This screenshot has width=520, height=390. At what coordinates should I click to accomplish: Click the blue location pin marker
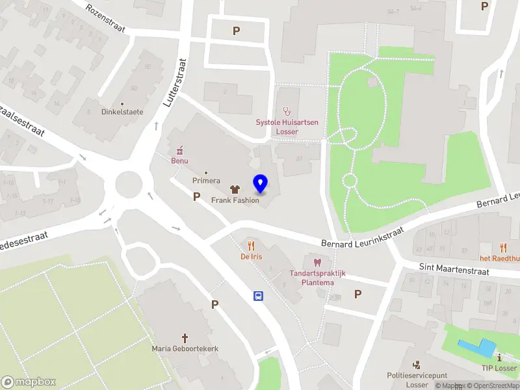[260, 184]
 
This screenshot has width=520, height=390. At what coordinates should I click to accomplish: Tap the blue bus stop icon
[258, 296]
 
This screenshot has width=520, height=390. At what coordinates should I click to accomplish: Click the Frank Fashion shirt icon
[235, 190]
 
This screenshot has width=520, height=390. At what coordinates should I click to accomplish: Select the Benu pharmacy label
[179, 161]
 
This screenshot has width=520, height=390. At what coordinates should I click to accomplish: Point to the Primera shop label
[206, 180]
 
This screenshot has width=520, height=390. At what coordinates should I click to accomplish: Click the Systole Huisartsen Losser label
[287, 127]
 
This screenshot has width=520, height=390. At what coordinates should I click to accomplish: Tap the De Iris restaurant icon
[252, 246]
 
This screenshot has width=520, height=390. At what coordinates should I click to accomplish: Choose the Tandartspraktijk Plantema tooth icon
[317, 263]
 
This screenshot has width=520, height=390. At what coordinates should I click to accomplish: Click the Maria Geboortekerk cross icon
[185, 338]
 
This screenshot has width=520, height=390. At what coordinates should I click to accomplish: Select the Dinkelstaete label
[122, 112]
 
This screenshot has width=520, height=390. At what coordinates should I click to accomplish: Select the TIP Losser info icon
[499, 357]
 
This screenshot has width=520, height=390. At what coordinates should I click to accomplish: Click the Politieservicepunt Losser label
[417, 380]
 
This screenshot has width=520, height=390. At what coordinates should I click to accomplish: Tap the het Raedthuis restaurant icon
[503, 247]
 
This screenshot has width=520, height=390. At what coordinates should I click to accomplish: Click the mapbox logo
[29, 382]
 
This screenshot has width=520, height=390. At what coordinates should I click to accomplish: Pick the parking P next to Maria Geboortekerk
[214, 304]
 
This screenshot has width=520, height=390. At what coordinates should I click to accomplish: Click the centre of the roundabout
[129, 186]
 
